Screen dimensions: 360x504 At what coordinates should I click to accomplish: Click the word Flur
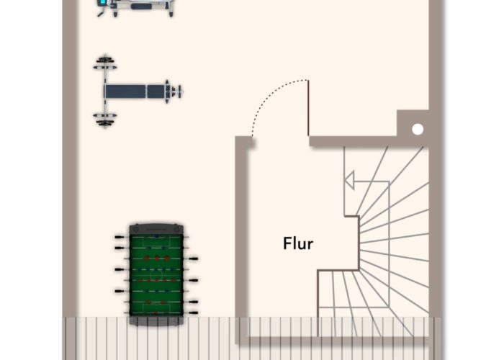coord(298,243)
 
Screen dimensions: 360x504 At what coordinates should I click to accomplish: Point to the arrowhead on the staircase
coord(349,180)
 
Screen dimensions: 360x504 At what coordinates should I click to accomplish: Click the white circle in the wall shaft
coord(417,130)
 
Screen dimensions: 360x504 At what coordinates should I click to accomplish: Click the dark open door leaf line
coord(309,108)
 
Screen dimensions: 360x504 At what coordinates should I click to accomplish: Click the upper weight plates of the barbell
coord(105,63)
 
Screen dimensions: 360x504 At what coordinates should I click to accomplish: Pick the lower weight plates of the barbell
coord(105,118)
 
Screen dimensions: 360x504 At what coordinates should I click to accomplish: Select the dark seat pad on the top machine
coord(140,6)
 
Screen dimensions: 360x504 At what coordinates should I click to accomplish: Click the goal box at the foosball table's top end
coord(156,238)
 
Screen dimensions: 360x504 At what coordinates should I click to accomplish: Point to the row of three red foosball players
coord(156,257)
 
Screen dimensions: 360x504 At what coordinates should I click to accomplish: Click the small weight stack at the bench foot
coord(173,91)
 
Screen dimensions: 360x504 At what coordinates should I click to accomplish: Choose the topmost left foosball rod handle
coord(118,236)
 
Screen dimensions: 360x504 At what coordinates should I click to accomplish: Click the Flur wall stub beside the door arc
coord(245,142)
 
